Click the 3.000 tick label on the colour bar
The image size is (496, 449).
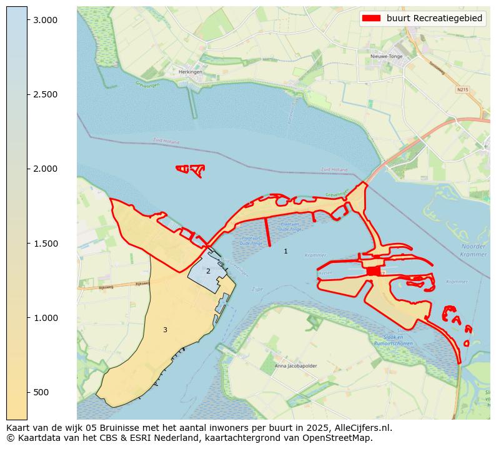45,20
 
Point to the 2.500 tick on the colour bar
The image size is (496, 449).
45,94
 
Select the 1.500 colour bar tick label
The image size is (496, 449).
45,244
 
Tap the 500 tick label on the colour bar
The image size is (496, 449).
42,392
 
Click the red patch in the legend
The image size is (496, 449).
372,19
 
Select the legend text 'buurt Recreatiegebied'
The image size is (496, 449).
434,19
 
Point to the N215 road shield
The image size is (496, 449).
462,89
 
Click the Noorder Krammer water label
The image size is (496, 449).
473,250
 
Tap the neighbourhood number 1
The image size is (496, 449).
285,252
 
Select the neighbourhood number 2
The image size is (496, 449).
208,271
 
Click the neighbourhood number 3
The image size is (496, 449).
165,330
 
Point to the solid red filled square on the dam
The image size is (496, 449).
373,271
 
